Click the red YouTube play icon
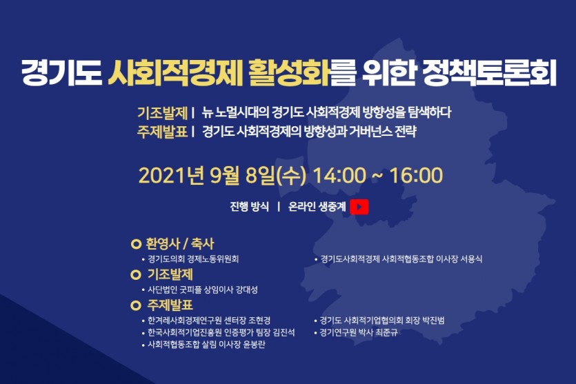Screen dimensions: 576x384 359,207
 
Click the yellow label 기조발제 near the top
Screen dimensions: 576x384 162,112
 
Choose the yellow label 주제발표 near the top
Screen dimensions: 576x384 162,132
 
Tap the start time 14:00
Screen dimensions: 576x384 339,176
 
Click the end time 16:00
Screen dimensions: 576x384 416,176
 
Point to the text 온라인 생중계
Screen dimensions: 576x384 317,207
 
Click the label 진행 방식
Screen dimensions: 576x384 250,207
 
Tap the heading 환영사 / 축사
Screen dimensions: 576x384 179,244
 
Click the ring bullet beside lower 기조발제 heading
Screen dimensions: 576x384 136,274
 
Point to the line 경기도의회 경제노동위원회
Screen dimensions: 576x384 193,259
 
